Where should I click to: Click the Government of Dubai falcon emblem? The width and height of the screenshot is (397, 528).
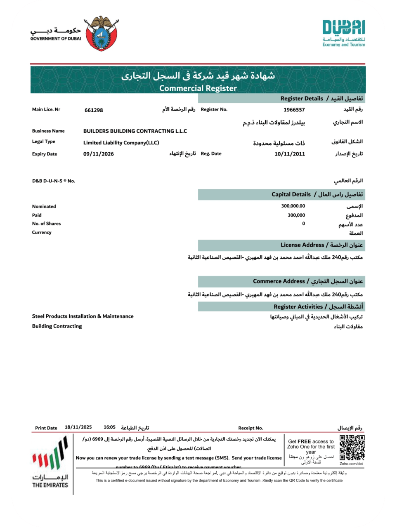point(101,33)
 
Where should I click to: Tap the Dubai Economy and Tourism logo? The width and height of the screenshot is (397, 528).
point(343,33)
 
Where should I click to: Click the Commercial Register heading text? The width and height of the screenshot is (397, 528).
point(198,88)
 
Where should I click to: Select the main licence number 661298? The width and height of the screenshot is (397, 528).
point(94,110)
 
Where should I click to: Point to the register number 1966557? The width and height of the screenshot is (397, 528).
point(294,110)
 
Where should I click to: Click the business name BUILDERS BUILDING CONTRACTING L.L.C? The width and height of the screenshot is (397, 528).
point(135,131)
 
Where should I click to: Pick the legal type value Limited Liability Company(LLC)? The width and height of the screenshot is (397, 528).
point(121,143)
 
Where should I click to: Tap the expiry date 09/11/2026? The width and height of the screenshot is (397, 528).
point(98,154)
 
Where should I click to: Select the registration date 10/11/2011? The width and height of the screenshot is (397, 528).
point(290,154)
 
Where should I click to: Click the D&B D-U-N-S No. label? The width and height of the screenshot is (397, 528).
point(54,181)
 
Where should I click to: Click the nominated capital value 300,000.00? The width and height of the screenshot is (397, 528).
point(293,206)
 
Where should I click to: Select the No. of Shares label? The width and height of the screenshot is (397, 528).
point(46,224)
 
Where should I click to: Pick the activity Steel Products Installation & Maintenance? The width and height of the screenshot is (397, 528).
point(83,316)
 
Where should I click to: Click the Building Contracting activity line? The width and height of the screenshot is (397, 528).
point(57,326)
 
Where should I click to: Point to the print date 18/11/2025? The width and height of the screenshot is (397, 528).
point(78,427)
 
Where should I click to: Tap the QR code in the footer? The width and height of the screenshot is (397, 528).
point(352,448)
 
